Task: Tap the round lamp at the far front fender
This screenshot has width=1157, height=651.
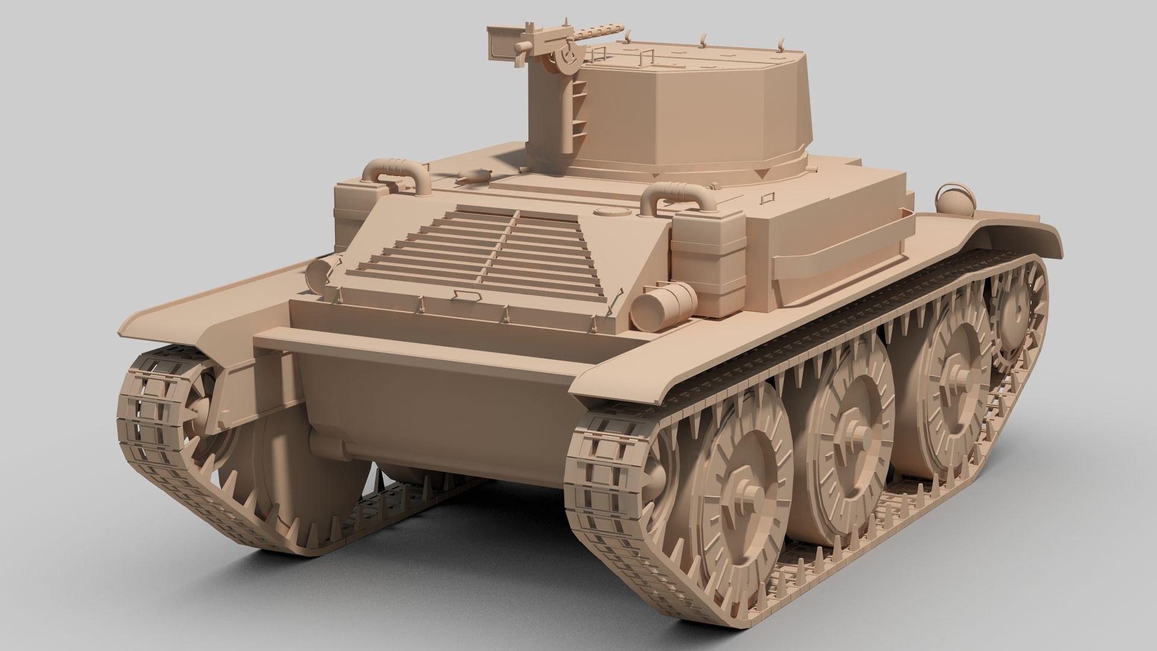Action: pyautogui.click(x=952, y=196)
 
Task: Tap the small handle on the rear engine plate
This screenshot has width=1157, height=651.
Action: pyautogui.click(x=463, y=292)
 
